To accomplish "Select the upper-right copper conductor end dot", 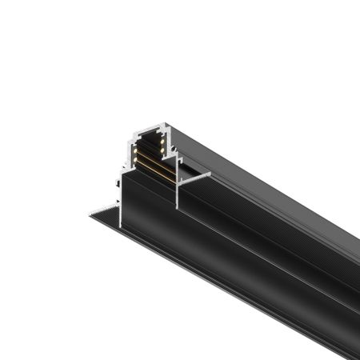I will pyautogui.click(x=161, y=141).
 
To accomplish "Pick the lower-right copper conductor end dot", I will pyautogui.click(x=161, y=150).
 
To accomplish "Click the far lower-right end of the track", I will pyautogui.click(x=352, y=352).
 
